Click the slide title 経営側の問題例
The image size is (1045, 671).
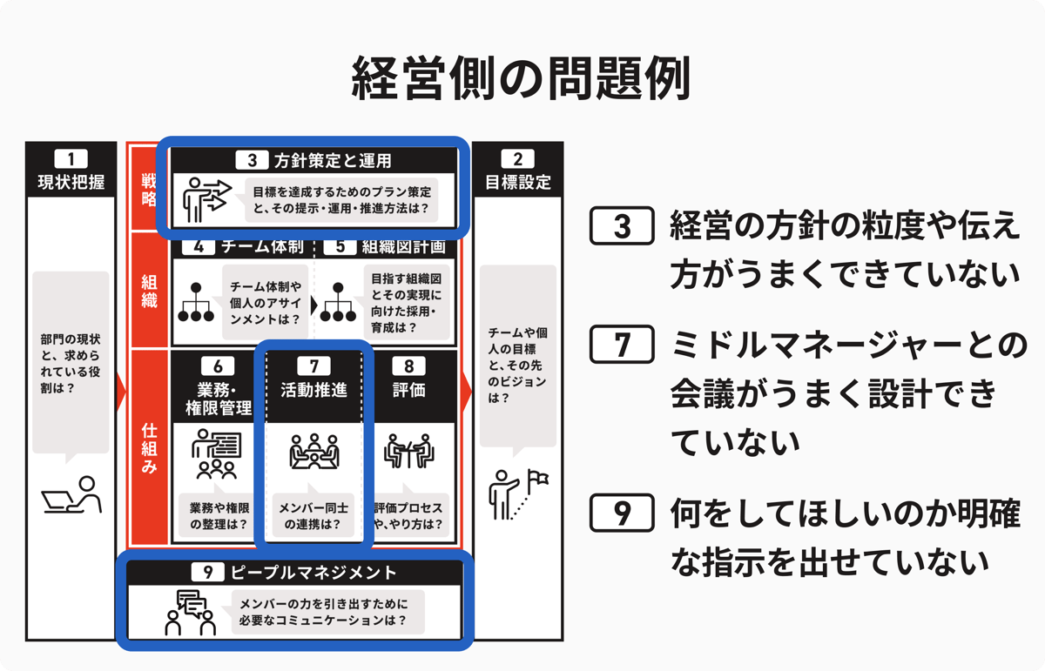pyautogui.click(x=521, y=77)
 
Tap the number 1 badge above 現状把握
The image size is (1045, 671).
pyautogui.click(x=71, y=159)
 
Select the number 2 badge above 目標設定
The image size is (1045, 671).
pyautogui.click(x=518, y=159)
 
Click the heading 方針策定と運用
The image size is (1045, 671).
pyautogui.click(x=333, y=160)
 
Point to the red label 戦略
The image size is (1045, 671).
pyautogui.click(x=149, y=190)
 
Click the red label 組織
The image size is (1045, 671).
pyautogui.click(x=149, y=292)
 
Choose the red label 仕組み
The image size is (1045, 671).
pyautogui.click(x=149, y=448)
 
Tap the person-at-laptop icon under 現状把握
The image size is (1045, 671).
pyautogui.click(x=71, y=494)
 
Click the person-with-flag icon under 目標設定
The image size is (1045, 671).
pyautogui.click(x=518, y=494)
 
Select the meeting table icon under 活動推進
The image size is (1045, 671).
pyautogui.click(x=314, y=452)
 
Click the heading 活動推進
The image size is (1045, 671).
pyautogui.click(x=314, y=390)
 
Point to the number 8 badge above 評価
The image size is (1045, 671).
pyautogui.click(x=408, y=366)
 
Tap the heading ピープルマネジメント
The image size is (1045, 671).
pyautogui.click(x=313, y=572)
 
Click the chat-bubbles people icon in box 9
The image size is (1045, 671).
pyautogui.click(x=191, y=612)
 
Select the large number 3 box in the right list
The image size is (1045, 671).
pyautogui.click(x=622, y=226)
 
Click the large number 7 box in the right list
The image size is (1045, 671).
pyautogui.click(x=622, y=345)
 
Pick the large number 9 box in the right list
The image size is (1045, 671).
pyautogui.click(x=622, y=513)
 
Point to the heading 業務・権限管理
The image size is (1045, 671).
pyautogui.click(x=218, y=399)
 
